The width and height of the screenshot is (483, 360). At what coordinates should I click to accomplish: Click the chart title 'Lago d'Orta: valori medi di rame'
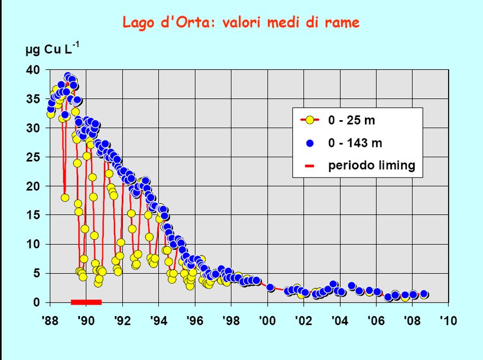(241, 23)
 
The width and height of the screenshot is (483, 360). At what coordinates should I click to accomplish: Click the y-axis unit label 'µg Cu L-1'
(52, 50)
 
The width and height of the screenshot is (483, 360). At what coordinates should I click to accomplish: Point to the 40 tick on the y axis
(33, 70)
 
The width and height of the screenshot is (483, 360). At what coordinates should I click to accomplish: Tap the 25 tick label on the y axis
(33, 157)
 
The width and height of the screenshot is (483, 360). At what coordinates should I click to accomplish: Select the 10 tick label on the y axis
(33, 245)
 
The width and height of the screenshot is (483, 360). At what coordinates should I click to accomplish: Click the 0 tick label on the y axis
(36, 303)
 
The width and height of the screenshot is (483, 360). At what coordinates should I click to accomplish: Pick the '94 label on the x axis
(158, 320)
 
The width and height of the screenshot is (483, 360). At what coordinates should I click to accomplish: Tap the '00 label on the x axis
(267, 320)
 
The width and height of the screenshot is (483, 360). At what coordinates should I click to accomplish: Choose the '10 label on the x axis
(448, 320)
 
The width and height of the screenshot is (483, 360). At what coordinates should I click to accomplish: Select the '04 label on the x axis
(339, 320)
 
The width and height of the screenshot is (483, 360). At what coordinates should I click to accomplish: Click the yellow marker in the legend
(309, 120)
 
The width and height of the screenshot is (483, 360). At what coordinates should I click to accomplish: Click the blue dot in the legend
(309, 143)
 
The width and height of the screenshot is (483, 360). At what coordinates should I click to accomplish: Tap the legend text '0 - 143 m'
(355, 143)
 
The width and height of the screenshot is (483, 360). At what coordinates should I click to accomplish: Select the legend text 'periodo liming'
(372, 165)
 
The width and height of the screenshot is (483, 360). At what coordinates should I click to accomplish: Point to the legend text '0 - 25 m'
(352, 120)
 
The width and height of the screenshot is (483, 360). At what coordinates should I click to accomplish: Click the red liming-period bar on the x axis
(86, 303)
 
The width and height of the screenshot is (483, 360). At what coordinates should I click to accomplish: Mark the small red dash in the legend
(309, 166)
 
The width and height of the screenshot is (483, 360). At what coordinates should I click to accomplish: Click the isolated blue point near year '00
(270, 288)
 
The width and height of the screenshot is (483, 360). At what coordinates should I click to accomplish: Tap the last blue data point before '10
(424, 294)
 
